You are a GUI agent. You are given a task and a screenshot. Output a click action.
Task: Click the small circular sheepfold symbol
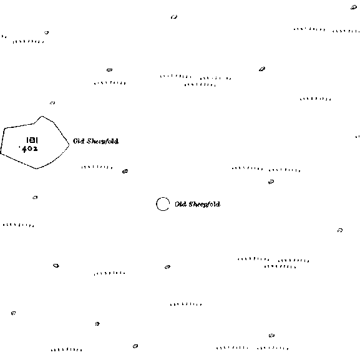157,204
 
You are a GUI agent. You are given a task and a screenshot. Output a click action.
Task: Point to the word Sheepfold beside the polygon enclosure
102,141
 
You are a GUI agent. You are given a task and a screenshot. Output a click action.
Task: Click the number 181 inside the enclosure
32,140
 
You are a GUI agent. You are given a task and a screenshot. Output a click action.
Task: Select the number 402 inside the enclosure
29,148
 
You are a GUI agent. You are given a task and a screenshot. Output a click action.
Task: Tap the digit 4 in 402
24,149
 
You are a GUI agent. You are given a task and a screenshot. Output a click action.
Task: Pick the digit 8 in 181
32,140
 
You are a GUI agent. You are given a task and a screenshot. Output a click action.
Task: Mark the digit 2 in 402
35,148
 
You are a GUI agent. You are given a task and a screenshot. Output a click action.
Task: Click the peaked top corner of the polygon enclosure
42,117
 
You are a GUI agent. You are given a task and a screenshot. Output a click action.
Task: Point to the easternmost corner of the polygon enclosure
69,145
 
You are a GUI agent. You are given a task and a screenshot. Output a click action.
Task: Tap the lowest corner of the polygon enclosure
37,168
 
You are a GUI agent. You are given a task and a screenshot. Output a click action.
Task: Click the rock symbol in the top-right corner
354,7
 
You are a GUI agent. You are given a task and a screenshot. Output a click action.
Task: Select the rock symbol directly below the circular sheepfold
168,267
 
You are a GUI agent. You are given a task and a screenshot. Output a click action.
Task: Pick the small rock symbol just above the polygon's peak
52,103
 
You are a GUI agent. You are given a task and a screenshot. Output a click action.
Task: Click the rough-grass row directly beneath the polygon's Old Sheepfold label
97,167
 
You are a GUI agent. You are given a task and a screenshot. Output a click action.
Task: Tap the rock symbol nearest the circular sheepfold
125,172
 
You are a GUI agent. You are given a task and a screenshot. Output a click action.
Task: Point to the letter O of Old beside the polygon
75,141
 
